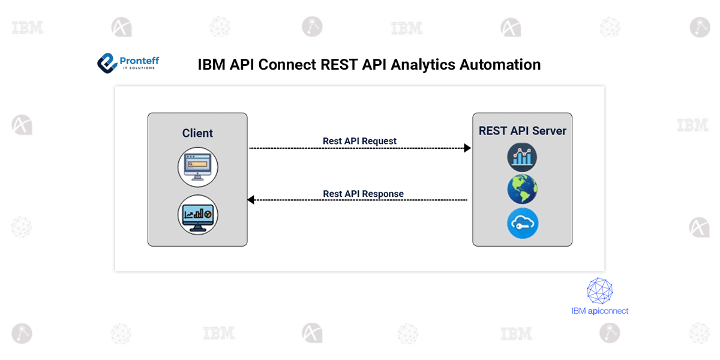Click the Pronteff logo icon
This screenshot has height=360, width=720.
click(107, 63)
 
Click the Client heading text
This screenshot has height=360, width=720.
click(197, 133)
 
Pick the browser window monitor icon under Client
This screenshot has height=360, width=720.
click(197, 167)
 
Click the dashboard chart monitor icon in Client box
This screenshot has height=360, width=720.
click(197, 214)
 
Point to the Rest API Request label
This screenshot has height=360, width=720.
click(359, 141)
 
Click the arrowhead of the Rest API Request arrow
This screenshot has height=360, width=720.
click(467, 148)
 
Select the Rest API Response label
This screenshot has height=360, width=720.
click(363, 194)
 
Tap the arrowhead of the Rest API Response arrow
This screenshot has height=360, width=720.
click(251, 200)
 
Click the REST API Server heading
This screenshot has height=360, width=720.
click(522, 131)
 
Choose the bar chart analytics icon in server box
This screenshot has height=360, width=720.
click(522, 158)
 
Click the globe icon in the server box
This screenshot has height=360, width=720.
click(522, 190)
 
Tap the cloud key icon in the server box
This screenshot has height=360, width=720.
click(522, 223)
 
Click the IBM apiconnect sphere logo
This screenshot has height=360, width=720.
click(599, 290)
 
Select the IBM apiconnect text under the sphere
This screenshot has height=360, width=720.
click(599, 311)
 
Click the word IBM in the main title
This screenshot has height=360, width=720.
click(212, 65)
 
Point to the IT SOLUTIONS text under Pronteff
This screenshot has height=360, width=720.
click(137, 68)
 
